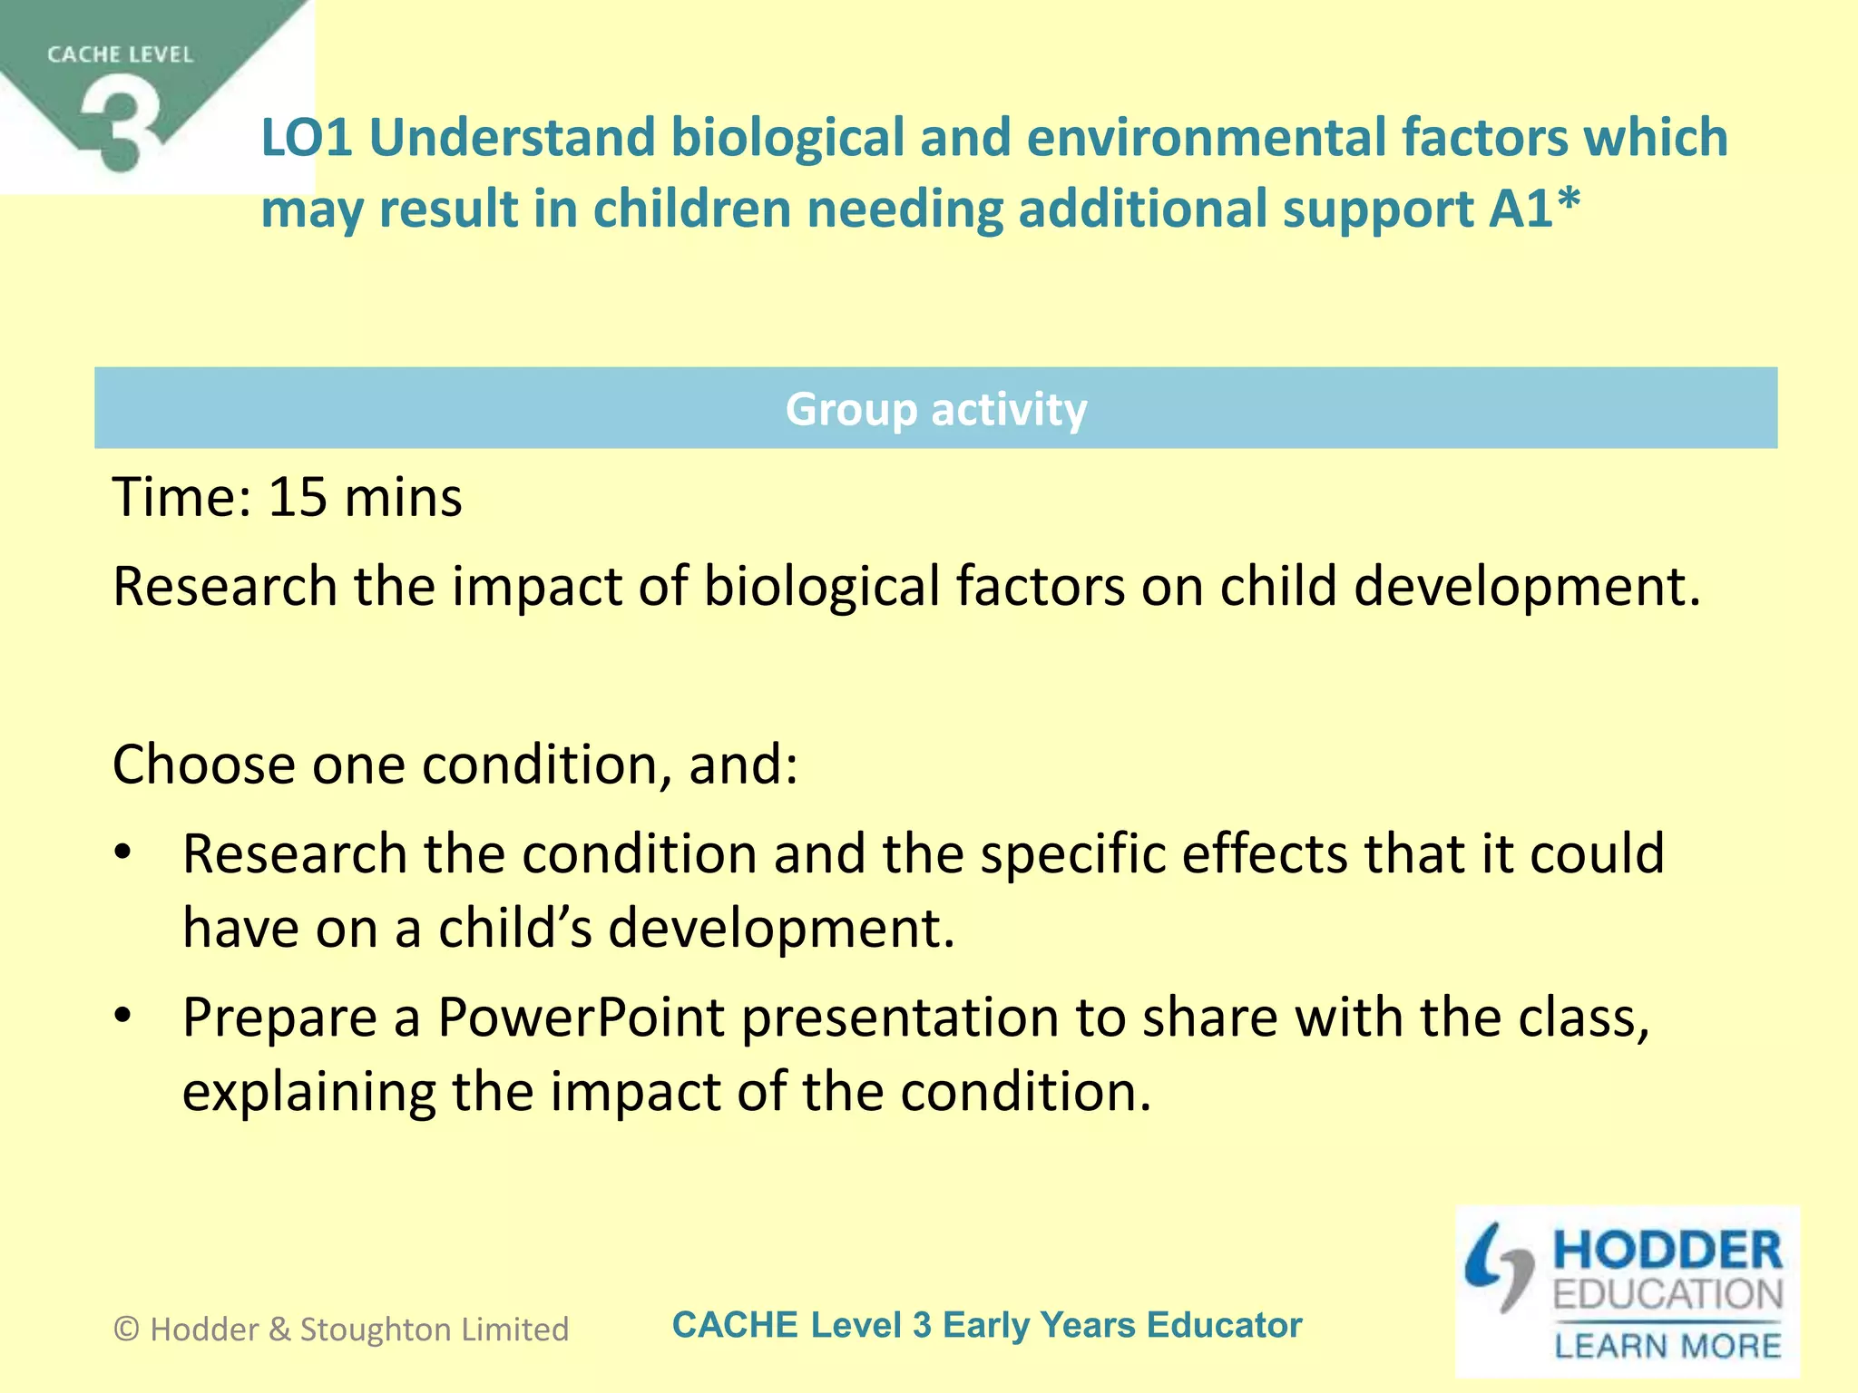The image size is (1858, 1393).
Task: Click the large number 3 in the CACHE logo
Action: coord(121,127)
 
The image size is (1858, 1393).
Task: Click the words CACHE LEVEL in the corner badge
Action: coord(121,55)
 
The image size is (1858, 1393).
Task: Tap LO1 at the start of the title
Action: coord(306,138)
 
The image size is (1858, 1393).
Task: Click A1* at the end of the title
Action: coord(1534,209)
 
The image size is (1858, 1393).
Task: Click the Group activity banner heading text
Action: coord(935,409)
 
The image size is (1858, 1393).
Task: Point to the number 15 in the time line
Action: coord(298,498)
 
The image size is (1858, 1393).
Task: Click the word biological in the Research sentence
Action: coord(821,587)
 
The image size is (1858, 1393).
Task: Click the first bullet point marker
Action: coord(124,853)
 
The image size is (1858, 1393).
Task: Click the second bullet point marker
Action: coord(124,1017)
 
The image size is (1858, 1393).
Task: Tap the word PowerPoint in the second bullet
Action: coord(581,1018)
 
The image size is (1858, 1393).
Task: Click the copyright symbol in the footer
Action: coord(127,1330)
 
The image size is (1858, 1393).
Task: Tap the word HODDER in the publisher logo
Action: coord(1667,1251)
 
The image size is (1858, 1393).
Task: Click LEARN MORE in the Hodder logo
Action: coord(1667,1346)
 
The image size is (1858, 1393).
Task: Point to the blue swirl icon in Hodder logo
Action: coord(1499,1267)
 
